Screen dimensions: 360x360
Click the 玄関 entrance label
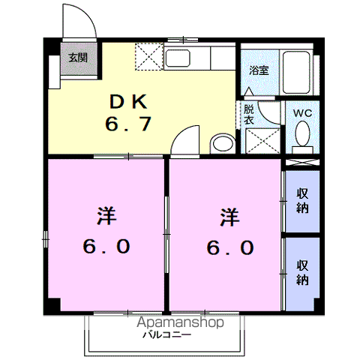(78, 58)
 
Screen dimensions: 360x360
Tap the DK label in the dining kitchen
(128, 101)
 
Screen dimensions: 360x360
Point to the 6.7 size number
(128, 124)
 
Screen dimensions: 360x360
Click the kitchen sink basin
(177, 58)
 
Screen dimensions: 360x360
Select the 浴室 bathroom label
(259, 70)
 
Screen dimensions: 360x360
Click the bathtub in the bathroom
(296, 73)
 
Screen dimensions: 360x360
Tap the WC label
(302, 113)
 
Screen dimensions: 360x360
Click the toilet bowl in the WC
(302, 133)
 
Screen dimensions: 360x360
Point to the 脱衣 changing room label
(249, 115)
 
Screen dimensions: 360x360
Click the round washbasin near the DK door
(223, 144)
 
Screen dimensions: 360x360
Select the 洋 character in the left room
(106, 216)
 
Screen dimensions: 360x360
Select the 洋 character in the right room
(230, 217)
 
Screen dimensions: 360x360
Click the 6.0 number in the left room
(106, 246)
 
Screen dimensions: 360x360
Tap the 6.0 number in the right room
(230, 247)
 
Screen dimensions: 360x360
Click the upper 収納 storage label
(302, 201)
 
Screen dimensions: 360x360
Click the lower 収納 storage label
(302, 272)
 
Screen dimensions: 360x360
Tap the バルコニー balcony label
(167, 334)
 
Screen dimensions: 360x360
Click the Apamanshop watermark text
(180, 322)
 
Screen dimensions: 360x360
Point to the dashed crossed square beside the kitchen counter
(149, 56)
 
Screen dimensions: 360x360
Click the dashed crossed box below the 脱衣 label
(262, 141)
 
